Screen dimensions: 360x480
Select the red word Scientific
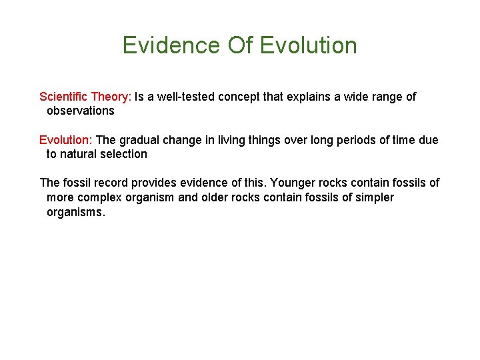click(x=64, y=97)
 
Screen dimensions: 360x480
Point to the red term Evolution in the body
click(x=65, y=140)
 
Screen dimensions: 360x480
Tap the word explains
click(x=309, y=97)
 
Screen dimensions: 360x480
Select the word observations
click(x=80, y=111)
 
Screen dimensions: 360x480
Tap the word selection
click(x=125, y=154)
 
